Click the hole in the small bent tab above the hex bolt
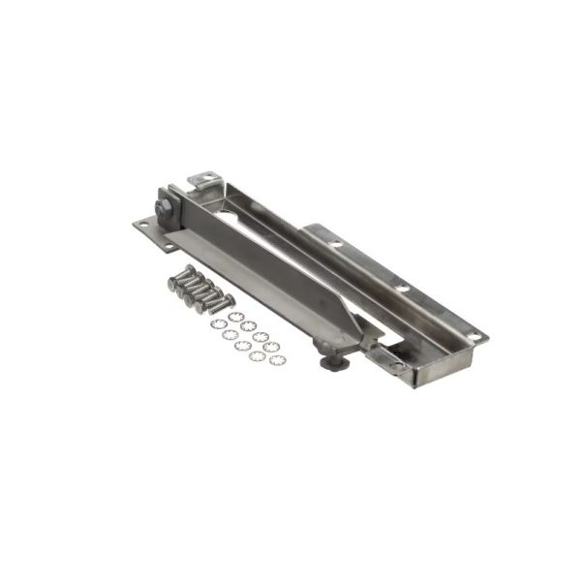click(204, 177)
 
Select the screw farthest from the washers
click(181, 282)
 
